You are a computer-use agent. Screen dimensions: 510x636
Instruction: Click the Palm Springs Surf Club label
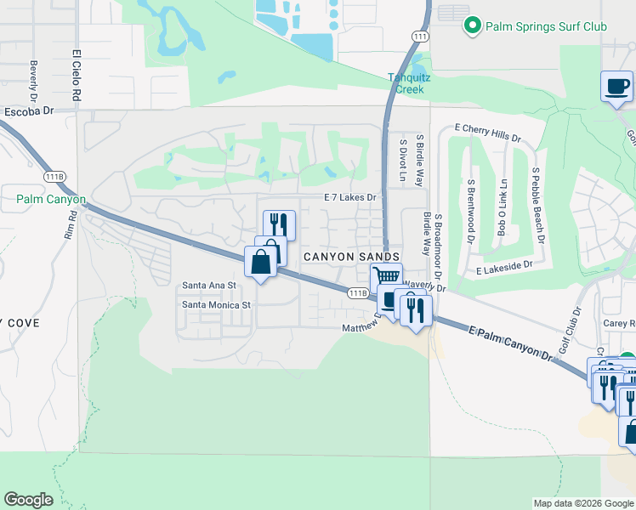click(546, 26)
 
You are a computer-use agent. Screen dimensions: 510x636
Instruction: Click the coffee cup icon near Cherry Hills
click(616, 86)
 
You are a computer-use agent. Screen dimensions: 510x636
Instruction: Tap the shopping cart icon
click(387, 276)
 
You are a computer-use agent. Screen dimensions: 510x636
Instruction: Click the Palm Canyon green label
click(51, 200)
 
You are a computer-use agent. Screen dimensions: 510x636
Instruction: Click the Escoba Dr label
click(28, 110)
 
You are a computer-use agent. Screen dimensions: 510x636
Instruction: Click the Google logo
click(28, 500)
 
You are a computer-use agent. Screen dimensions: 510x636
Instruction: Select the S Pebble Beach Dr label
click(537, 204)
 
